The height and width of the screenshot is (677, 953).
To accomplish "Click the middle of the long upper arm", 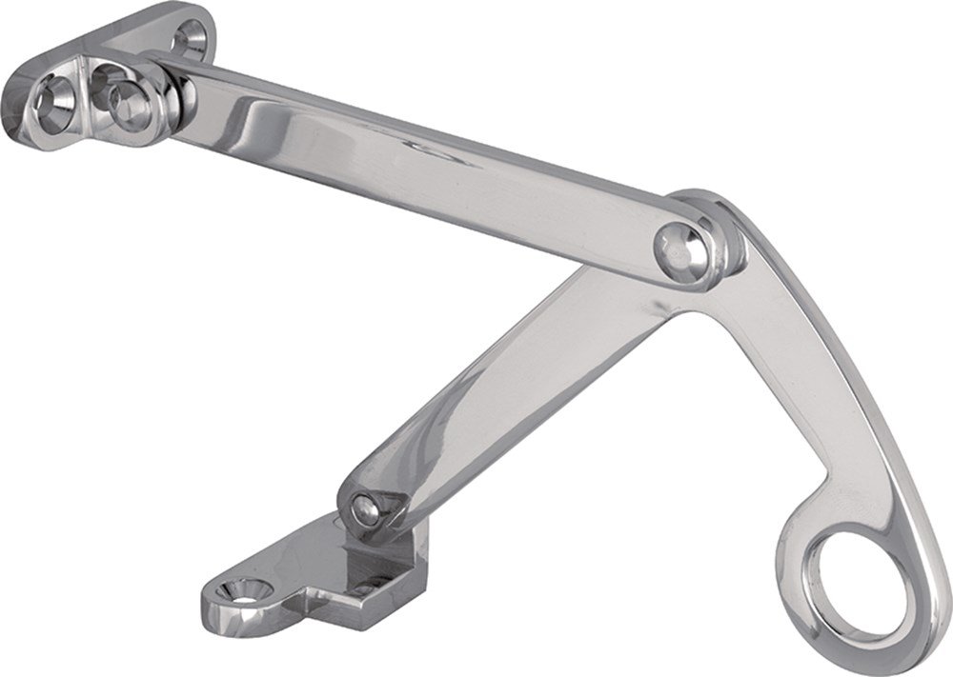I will pyautogui.click(x=419, y=167).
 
